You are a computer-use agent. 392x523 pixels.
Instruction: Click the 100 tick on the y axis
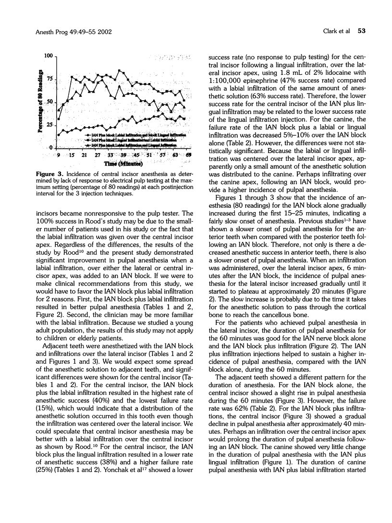(x=48, y=56)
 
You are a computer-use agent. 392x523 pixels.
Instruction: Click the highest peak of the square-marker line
(x=120, y=71)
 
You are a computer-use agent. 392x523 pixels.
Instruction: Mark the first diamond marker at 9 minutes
(x=59, y=135)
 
